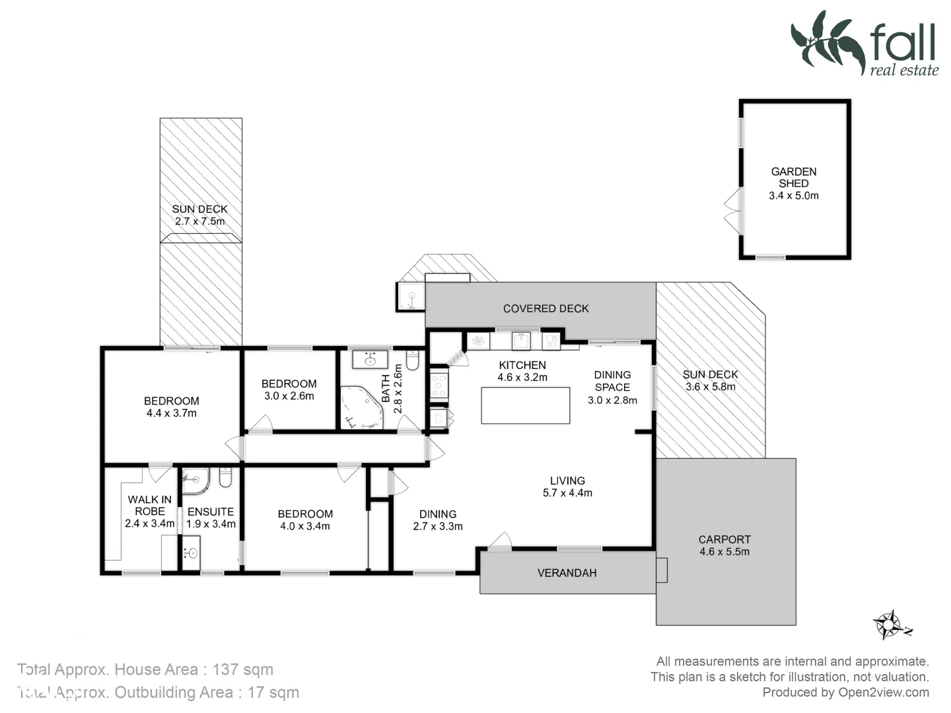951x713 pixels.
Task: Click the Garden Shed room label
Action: coord(793,177)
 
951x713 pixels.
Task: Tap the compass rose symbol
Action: coord(890,623)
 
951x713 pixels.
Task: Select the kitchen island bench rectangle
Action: coord(525,405)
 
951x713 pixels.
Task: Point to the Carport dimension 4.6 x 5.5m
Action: coord(724,552)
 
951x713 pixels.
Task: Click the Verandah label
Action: coord(567,573)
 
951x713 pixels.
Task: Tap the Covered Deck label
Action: coord(546,308)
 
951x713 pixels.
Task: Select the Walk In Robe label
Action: coord(150,505)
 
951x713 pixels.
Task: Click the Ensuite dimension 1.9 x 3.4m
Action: coord(211,524)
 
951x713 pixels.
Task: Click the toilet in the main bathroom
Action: coord(413,360)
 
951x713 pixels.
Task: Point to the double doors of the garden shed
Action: coord(732,210)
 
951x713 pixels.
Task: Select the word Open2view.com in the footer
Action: coord(883,693)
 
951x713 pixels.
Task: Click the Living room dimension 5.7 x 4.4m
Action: coord(567,493)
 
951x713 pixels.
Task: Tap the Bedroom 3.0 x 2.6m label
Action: coord(289,390)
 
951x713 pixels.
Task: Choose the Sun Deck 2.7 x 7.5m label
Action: coord(199,215)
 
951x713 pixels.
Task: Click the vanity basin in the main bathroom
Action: coord(370,360)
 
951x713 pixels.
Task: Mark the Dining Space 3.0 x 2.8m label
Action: coord(612,387)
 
